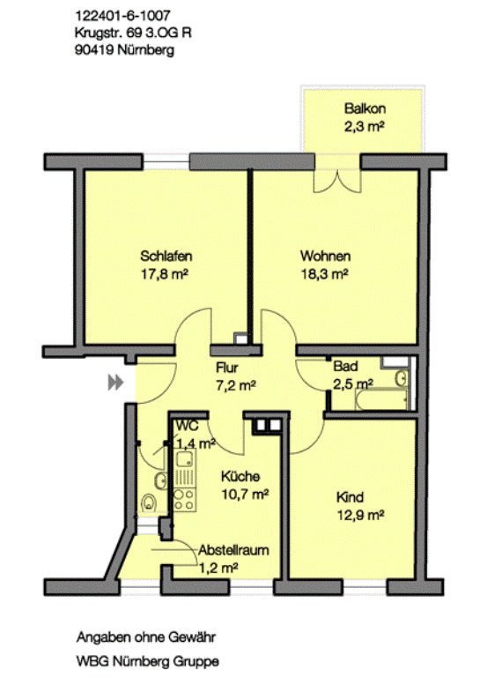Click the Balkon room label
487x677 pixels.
[x=365, y=108]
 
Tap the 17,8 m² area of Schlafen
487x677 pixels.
[x=165, y=274]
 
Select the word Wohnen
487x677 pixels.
[x=325, y=256]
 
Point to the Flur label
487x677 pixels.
[x=227, y=368]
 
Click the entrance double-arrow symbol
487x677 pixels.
[x=115, y=383]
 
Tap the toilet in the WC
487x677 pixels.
[x=149, y=503]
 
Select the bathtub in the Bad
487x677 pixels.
[x=381, y=399]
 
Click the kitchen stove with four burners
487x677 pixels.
[x=184, y=500]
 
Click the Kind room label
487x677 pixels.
[x=350, y=497]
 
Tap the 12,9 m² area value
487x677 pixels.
[x=360, y=515]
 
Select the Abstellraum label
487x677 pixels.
[x=233, y=550]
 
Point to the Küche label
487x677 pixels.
[x=240, y=476]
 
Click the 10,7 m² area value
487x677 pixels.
[x=245, y=494]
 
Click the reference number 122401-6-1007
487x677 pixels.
[x=122, y=16]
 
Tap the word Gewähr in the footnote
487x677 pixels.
[x=192, y=636]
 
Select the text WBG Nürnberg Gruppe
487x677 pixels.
[x=148, y=661]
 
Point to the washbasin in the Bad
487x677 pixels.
[x=401, y=379]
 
